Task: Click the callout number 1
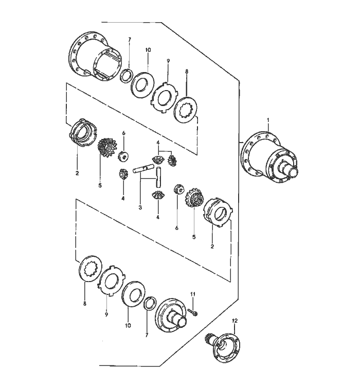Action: click(x=268, y=120)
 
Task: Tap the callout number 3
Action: click(x=140, y=207)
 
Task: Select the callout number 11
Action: click(x=193, y=294)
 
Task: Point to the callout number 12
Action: click(x=235, y=321)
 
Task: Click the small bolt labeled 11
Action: click(x=193, y=312)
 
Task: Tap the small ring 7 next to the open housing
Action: click(x=127, y=75)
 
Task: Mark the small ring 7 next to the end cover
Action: click(x=150, y=305)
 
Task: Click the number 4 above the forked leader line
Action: click(x=158, y=143)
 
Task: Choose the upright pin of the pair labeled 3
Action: click(x=158, y=177)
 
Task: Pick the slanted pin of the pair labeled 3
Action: click(x=143, y=169)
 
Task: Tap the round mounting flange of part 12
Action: click(x=227, y=347)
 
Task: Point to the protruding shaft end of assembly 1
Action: click(x=293, y=171)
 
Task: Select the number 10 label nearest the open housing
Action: click(x=148, y=50)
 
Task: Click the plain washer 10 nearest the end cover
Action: click(x=133, y=293)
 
